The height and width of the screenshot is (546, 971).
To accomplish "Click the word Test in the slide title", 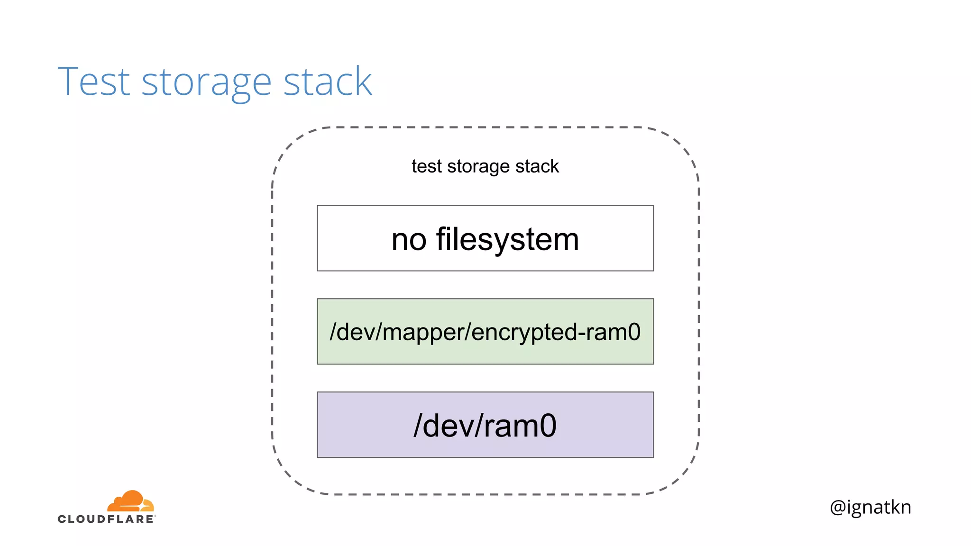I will click(x=93, y=82).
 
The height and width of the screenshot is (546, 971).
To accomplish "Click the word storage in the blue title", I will click(x=206, y=83).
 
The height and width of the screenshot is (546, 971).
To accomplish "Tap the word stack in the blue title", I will click(x=328, y=82).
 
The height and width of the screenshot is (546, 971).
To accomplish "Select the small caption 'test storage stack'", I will click(x=485, y=166).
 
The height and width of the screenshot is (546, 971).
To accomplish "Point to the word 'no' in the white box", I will click(x=409, y=240).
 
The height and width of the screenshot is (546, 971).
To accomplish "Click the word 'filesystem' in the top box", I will click(x=507, y=239).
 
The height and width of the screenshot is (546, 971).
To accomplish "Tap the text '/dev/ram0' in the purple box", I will click(x=485, y=426).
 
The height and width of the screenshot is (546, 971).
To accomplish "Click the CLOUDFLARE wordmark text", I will click(x=106, y=519).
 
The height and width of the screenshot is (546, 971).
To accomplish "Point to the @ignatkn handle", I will click(x=870, y=507).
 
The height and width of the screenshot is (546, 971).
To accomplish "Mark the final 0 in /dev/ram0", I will click(x=548, y=426).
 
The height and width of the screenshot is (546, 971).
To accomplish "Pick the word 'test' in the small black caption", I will click(x=427, y=166).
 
